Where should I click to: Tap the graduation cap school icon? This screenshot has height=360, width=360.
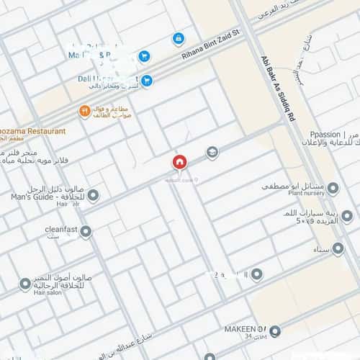(x=212, y=153)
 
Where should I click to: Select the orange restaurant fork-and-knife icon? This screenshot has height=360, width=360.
(x=84, y=112)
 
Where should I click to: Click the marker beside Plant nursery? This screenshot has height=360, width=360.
(x=332, y=188)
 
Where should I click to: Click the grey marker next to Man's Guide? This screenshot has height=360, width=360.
(x=93, y=194)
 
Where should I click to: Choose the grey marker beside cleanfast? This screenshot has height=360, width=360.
(x=86, y=231)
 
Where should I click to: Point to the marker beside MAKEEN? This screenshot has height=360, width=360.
(x=274, y=330)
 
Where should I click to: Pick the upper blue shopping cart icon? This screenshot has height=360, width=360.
(x=144, y=55)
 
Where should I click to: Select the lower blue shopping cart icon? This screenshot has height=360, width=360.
(x=147, y=81)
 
